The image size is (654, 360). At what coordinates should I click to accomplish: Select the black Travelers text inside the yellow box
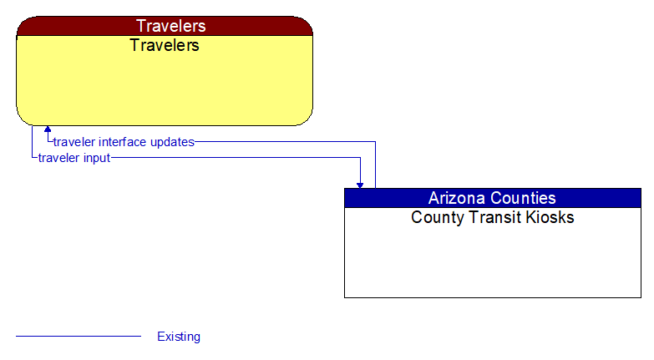[x=165, y=45]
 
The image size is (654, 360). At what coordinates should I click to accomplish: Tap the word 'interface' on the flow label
[x=125, y=142]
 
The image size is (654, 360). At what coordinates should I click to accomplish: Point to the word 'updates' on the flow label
[x=173, y=142]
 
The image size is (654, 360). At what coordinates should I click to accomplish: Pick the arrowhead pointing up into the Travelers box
[x=48, y=129]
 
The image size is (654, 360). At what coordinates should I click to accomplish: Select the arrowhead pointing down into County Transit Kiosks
[x=361, y=184]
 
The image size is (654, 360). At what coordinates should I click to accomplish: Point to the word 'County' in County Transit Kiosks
[x=434, y=218]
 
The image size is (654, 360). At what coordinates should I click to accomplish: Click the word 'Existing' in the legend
[x=179, y=337]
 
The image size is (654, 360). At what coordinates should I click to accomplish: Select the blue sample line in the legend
[x=79, y=337]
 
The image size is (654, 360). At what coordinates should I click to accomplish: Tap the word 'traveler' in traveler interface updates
[x=74, y=142]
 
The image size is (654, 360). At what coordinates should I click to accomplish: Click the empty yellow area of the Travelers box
[x=165, y=88]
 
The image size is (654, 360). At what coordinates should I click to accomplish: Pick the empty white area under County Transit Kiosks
[x=493, y=263]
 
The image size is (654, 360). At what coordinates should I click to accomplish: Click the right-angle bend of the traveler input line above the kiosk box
[x=361, y=158]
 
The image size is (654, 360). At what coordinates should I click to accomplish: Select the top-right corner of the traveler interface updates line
[x=375, y=142]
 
